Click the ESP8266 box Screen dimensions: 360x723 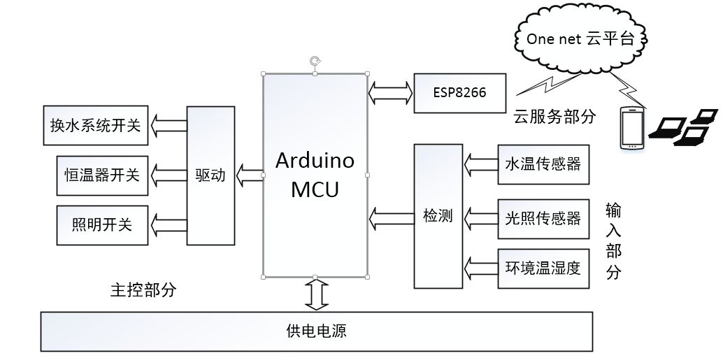pos(459,92)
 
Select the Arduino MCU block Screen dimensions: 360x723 pos(315,174)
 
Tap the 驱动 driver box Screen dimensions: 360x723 pos(210,175)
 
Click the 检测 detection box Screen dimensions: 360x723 pos(438,215)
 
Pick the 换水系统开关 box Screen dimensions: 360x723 pos(95,125)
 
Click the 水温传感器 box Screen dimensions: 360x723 pos(543,165)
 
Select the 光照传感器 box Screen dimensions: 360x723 pos(543,217)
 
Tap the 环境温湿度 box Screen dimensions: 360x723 pos(543,268)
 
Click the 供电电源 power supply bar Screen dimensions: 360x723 pos(317,331)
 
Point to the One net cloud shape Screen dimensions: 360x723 pos(580,39)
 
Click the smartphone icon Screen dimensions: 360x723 pos(633,128)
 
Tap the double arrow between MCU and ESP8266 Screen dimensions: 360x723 pos(390,90)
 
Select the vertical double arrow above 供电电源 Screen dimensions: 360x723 pos(316,294)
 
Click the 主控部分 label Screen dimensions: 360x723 pos(143,290)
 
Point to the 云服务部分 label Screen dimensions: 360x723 pos(554,117)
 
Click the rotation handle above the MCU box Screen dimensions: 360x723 pos(315,61)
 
